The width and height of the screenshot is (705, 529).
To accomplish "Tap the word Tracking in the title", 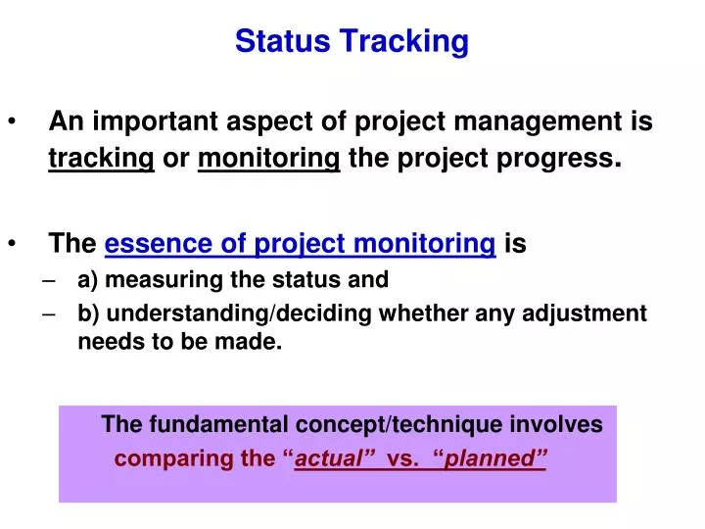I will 403,42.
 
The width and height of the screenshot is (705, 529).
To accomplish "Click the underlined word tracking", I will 102,159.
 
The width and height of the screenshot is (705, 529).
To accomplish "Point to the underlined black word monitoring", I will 268,159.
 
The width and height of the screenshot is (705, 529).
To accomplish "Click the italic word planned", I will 494,458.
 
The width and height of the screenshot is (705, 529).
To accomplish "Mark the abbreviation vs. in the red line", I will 403,458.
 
